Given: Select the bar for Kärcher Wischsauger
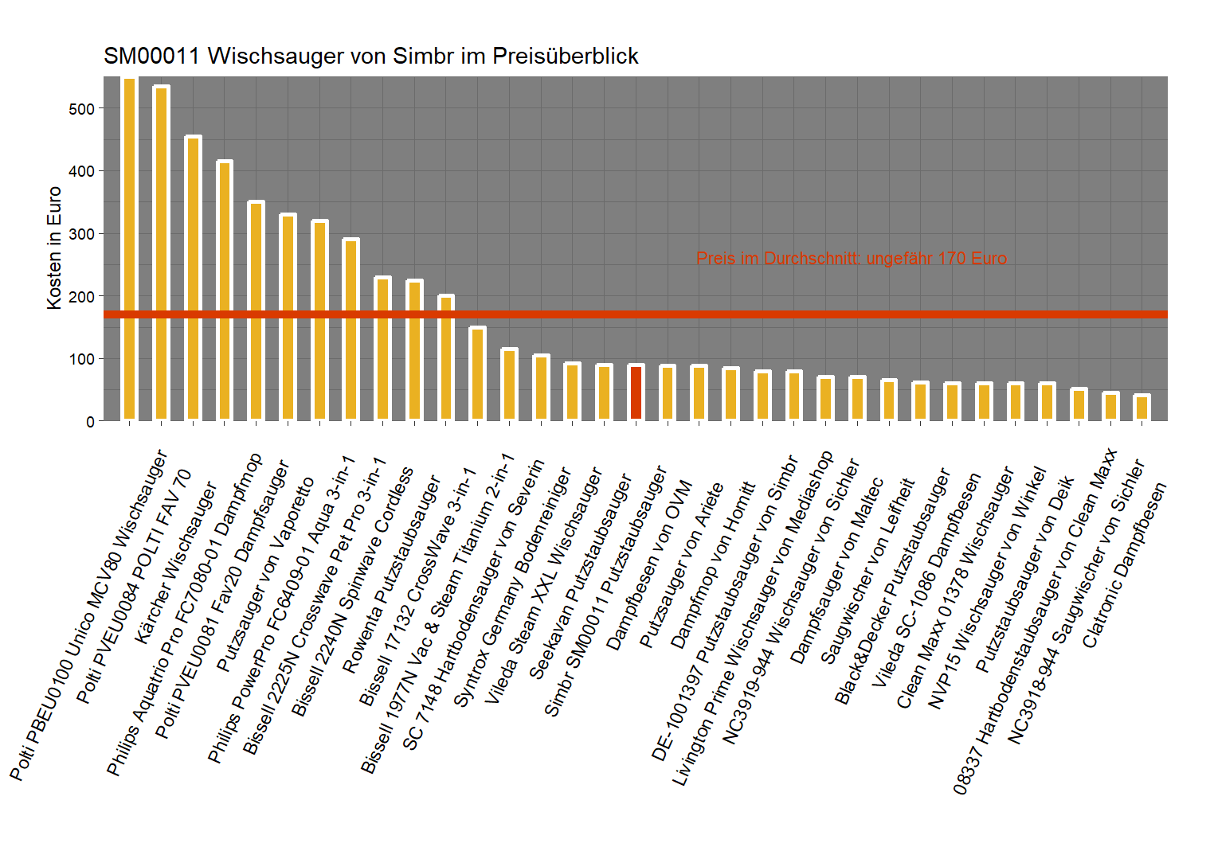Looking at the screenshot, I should pos(193,278).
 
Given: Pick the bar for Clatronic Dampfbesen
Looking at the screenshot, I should pos(1142,407).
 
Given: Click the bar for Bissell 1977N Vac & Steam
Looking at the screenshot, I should pos(446,357).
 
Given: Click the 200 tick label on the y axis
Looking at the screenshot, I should pos(81,297).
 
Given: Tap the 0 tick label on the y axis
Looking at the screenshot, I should pos(90,422).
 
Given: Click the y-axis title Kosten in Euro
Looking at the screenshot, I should pos(54,248).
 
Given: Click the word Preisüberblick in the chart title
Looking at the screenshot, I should pos(565,57).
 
